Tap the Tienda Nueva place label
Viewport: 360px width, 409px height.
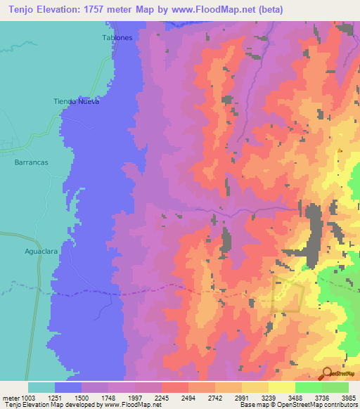[77, 101]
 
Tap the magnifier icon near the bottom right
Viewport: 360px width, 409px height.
[326, 373]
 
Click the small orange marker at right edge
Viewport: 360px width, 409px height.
[340, 150]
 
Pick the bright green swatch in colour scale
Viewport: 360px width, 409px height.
[308, 387]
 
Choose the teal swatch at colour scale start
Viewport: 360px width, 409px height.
[41, 387]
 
